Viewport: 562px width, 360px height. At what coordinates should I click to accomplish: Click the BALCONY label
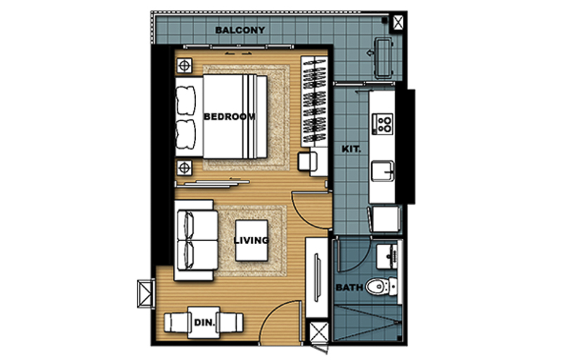point(240,30)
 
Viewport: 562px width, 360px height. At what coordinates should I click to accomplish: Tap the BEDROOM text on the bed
point(230,117)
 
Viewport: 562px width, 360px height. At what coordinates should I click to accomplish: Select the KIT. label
point(351,149)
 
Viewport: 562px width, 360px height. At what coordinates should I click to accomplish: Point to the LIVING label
point(251,240)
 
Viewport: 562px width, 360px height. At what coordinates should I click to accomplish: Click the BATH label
point(349,287)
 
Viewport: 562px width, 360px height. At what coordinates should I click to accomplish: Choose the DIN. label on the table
point(204,322)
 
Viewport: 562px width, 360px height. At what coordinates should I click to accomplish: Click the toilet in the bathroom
point(381,286)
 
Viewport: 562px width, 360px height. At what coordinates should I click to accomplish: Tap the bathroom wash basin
point(387,256)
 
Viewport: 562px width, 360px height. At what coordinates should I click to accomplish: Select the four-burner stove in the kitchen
point(382,124)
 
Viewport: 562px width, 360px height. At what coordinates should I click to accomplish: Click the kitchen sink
point(382,171)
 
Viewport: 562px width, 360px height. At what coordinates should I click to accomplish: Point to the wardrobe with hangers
point(314,101)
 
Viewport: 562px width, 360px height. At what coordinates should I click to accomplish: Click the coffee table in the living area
point(251,240)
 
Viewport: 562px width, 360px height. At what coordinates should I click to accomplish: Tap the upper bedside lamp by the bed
point(184,66)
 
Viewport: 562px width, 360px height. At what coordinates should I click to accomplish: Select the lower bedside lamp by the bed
point(184,167)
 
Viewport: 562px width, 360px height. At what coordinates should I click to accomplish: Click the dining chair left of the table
point(176,322)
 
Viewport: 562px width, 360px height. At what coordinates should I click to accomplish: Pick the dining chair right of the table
point(231,322)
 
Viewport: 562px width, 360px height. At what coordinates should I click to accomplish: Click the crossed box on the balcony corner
point(398,23)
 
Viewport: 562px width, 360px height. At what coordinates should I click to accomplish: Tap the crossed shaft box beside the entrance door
point(319,333)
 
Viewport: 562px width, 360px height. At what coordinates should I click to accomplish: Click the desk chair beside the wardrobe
point(308,161)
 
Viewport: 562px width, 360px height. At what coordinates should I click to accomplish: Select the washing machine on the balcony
point(384,58)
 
